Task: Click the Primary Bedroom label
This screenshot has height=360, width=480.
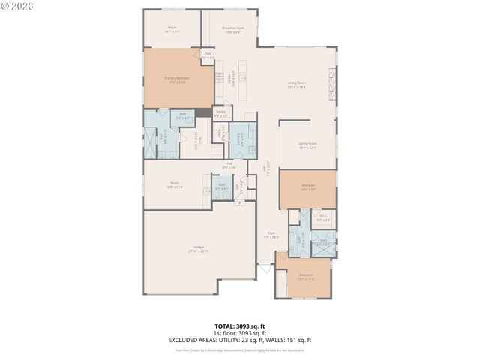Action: (177, 79)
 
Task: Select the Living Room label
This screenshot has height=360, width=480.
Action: (297, 84)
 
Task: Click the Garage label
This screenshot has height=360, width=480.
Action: (199, 248)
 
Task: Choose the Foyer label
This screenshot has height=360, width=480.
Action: (271, 235)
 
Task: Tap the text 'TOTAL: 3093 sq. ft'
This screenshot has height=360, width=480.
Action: (240, 326)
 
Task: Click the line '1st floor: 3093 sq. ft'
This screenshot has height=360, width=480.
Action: (240, 333)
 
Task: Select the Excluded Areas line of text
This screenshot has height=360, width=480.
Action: (240, 340)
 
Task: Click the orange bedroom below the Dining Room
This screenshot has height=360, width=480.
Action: (307, 187)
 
